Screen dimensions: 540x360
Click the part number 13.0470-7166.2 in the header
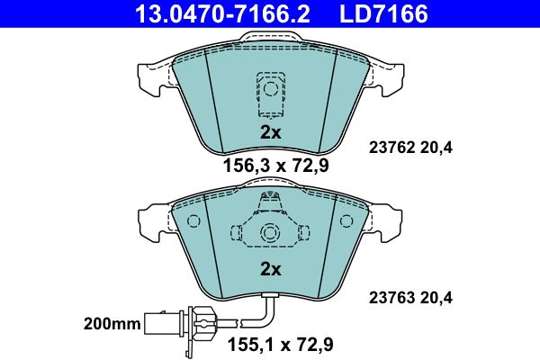222,13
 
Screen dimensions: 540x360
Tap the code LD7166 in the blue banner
383,13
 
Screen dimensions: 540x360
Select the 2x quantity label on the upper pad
270,132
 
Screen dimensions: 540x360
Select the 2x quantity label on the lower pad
270,269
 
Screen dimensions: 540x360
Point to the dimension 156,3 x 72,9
276,166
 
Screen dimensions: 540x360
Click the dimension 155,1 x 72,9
281,344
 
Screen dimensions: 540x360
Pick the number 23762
391,148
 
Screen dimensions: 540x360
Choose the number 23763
391,298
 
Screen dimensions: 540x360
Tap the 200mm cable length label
112,324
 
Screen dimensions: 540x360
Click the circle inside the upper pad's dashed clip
270,88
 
